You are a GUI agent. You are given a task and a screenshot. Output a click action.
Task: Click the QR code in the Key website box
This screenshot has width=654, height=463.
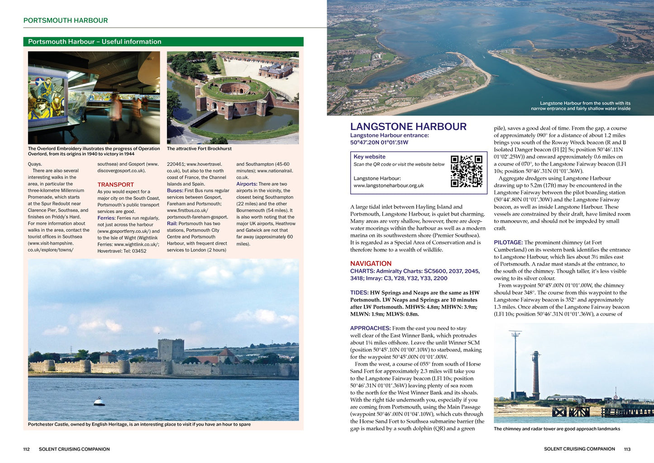pos(466,171)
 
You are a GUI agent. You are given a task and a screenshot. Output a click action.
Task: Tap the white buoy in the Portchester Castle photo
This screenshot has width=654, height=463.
pos(99,401)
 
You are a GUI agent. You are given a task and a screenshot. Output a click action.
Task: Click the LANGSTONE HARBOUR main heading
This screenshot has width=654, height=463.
pos(408,127)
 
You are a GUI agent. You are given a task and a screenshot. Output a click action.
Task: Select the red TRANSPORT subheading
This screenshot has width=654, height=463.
pos(115,185)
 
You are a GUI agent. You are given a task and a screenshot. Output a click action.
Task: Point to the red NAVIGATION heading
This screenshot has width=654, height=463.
pos(371,264)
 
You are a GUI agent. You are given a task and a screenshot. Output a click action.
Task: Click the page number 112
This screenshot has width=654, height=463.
pos(26,449)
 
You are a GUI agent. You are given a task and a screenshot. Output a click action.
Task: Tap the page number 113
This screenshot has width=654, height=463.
pos(627,449)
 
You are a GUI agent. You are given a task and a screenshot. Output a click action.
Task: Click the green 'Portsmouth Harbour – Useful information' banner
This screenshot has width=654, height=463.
pos(163,42)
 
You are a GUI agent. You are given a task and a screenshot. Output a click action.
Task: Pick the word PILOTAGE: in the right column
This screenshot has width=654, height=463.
pos(508,243)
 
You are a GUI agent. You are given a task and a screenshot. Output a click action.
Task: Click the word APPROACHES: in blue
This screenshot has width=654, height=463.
pos(370,328)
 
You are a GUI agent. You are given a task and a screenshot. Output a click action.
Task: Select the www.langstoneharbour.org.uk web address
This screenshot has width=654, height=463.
pos(388,186)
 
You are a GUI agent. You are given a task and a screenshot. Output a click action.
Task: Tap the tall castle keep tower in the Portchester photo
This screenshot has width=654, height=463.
pos(171,350)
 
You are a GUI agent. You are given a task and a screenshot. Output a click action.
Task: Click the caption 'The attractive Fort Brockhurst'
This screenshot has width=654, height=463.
pos(199,149)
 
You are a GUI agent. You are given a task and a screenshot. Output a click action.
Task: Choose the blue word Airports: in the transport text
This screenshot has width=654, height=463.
pos(247,184)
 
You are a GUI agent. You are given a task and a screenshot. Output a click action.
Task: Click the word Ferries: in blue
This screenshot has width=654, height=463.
pos(106,218)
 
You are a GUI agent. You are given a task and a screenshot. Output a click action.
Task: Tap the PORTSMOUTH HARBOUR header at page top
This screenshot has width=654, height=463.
pos(66,20)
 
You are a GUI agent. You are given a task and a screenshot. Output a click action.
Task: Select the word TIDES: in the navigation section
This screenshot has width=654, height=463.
pos(359,293)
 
